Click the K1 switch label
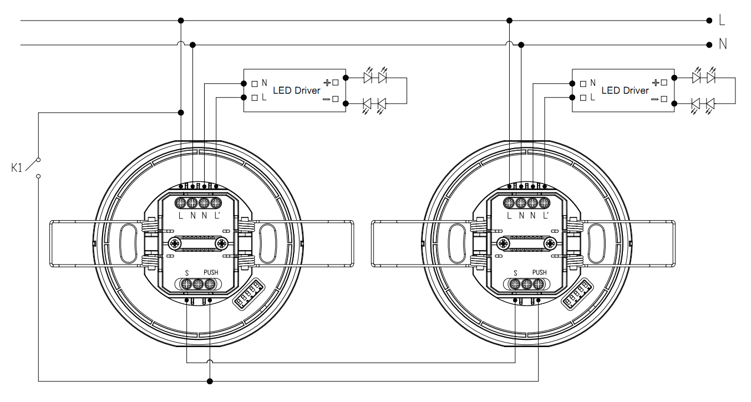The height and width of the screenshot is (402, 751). point(17,167)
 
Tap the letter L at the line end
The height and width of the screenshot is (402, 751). point(722,21)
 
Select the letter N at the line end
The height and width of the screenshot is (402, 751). point(722,44)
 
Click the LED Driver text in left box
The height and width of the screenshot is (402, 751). point(296,90)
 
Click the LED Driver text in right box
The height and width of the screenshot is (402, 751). point(625,90)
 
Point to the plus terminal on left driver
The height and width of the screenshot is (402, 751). point(335,83)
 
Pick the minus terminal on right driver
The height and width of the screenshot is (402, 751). point(663,99)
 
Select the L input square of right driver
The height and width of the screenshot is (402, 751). point(583,98)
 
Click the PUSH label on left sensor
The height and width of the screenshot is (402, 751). point(211,272)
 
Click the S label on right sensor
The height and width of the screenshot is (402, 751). point(515,272)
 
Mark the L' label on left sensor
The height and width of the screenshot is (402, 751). point(217,215)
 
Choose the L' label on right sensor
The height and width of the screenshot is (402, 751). point(546,215)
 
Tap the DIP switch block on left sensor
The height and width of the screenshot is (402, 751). point(250,294)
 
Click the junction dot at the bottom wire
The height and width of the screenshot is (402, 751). point(209,381)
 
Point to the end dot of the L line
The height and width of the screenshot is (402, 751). point(709,21)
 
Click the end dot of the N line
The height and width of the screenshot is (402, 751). point(709,44)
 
